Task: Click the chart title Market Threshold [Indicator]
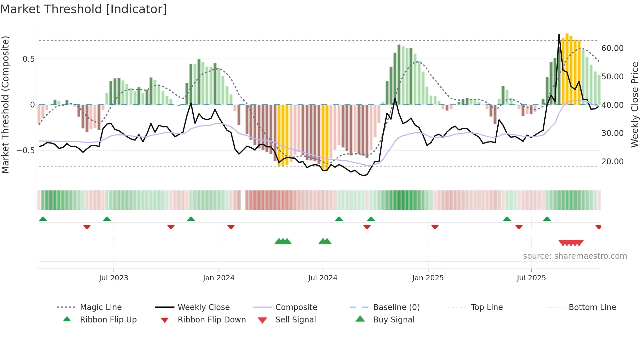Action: coord(84,9)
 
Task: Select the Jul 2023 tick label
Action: coord(113,278)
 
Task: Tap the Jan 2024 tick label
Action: coord(218,278)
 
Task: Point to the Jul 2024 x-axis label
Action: coord(323,278)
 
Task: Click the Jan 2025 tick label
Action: coord(428,278)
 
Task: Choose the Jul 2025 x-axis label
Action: coord(531,278)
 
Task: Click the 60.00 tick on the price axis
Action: coord(612,48)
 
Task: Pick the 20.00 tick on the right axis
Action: coord(612,162)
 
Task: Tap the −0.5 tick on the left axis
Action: coord(25,151)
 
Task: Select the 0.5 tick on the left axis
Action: coord(28,59)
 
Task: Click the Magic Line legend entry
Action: coord(101,307)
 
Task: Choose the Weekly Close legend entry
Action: coord(203,307)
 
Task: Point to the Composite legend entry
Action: coord(296,307)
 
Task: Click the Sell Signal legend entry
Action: coord(296,320)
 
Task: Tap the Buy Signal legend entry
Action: coord(393,320)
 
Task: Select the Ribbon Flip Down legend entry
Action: coord(211,320)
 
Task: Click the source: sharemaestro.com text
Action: coord(575,256)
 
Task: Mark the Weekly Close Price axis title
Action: coord(634,105)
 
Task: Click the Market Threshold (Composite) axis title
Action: coord(5,105)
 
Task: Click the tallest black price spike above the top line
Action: coord(559,35)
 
